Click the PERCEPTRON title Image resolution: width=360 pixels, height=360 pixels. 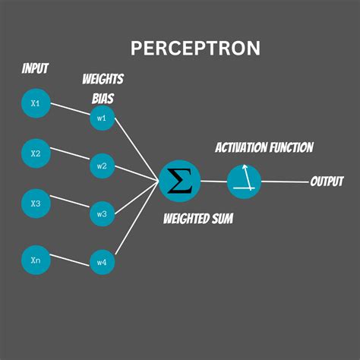(x=195, y=48)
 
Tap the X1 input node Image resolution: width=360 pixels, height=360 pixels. (x=36, y=103)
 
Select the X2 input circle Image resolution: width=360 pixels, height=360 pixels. (x=36, y=153)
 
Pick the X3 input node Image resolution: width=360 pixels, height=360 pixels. (x=36, y=204)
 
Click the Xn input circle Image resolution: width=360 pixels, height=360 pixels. (x=36, y=259)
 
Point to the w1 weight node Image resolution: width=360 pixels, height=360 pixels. (x=102, y=118)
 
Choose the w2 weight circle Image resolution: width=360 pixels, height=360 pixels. (x=102, y=166)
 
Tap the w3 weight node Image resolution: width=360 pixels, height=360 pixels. (x=102, y=214)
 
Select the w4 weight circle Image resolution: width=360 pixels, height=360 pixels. (x=102, y=262)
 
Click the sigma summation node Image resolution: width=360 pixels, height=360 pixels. (x=180, y=181)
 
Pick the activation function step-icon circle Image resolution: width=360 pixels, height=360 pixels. (x=244, y=181)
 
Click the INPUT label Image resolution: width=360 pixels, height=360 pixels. (x=35, y=69)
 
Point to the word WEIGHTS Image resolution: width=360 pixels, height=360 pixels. (x=103, y=80)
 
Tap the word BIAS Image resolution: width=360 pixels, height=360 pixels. (x=104, y=99)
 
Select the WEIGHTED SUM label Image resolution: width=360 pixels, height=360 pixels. (x=198, y=219)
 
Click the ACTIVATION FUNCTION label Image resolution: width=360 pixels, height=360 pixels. (x=264, y=147)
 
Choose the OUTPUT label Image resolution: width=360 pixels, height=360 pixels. (x=327, y=182)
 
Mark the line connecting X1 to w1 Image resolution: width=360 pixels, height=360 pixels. (x=70, y=111)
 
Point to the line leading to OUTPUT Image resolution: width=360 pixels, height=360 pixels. (x=285, y=182)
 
